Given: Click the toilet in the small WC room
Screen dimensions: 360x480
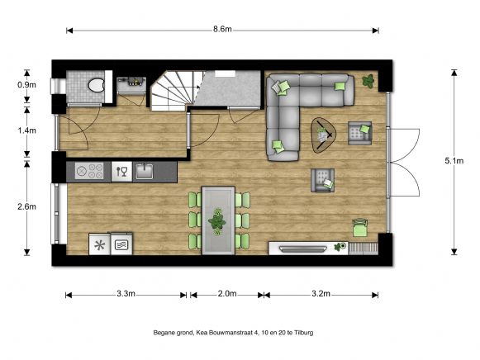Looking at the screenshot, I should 96,83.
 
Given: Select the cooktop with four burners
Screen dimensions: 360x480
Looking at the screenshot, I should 88,171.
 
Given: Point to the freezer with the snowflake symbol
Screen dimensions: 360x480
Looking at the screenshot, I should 99,244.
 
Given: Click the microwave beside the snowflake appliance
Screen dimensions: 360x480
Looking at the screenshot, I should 121,244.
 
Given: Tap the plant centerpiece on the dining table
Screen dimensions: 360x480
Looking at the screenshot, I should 218,220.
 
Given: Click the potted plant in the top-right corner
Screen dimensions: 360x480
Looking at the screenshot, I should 368,81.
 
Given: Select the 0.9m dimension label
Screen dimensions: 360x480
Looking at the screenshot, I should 27,85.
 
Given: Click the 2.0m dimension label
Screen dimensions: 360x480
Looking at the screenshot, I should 227,294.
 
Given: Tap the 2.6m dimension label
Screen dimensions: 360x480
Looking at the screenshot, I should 27,206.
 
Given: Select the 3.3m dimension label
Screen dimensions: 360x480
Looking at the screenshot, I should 127,294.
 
